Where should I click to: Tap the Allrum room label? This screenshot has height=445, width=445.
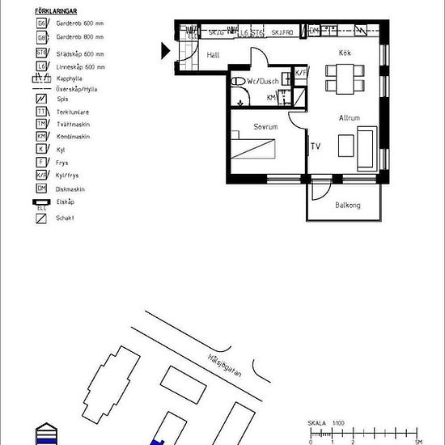click(x=349, y=118)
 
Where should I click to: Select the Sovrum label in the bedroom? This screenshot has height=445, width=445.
click(x=265, y=128)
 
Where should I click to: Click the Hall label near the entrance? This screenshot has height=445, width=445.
click(x=214, y=55)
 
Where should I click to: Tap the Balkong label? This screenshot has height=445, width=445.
click(x=347, y=206)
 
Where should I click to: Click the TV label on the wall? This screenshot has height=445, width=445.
click(x=316, y=146)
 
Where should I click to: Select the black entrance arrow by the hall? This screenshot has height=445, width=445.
click(x=166, y=51)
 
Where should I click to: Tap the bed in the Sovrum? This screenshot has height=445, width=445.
click(x=253, y=150)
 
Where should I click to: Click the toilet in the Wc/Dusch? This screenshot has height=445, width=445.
click(x=239, y=82)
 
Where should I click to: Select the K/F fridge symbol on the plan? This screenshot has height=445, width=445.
click(x=300, y=73)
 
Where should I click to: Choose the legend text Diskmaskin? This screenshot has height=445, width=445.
click(x=64, y=189)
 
